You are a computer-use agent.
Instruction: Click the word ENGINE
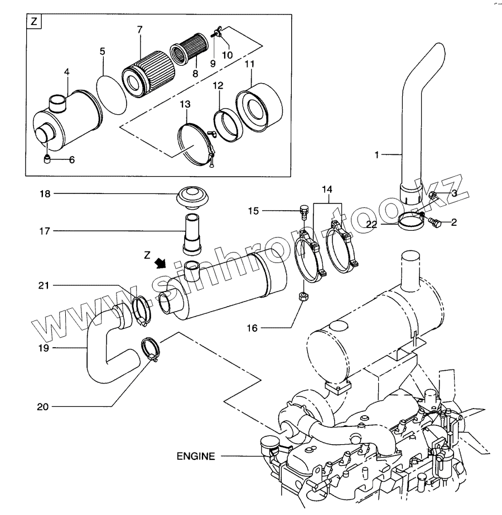click(196, 456)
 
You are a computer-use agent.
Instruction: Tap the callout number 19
click(44, 348)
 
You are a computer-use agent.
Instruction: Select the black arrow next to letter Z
click(161, 263)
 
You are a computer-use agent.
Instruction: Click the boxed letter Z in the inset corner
click(34, 22)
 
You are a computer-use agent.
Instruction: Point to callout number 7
click(139, 30)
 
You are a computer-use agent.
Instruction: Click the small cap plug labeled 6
click(47, 159)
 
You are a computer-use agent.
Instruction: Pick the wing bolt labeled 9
click(215, 33)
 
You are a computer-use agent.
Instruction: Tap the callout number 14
click(327, 189)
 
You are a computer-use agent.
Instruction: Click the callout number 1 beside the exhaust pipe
click(376, 154)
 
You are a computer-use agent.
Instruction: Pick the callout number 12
click(218, 85)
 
